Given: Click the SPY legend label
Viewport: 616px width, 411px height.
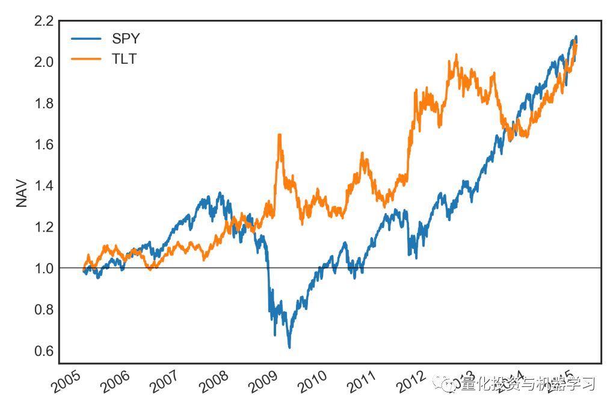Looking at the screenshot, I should coord(126,39).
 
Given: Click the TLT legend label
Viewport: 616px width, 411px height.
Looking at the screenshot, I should coord(125,59).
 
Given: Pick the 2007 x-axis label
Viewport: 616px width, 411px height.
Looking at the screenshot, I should coord(164,382).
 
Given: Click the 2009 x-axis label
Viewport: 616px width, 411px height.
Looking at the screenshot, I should coord(263,382).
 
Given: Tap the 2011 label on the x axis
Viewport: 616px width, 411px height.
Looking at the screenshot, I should coord(362,382).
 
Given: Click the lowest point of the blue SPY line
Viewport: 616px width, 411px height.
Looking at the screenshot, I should coord(289,347).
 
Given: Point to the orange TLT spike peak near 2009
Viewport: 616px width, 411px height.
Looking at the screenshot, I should coord(279,135).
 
